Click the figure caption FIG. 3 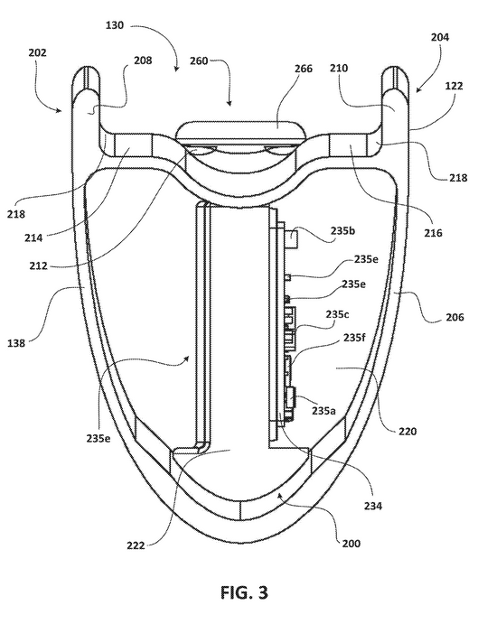coord(244,592)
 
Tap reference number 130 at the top coord(115,25)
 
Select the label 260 coord(198,61)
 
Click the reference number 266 coord(304,69)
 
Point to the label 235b coord(342,231)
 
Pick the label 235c coord(337,314)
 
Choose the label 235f coord(354,338)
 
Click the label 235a coord(324,411)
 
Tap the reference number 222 coord(136,545)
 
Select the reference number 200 coord(352,544)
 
